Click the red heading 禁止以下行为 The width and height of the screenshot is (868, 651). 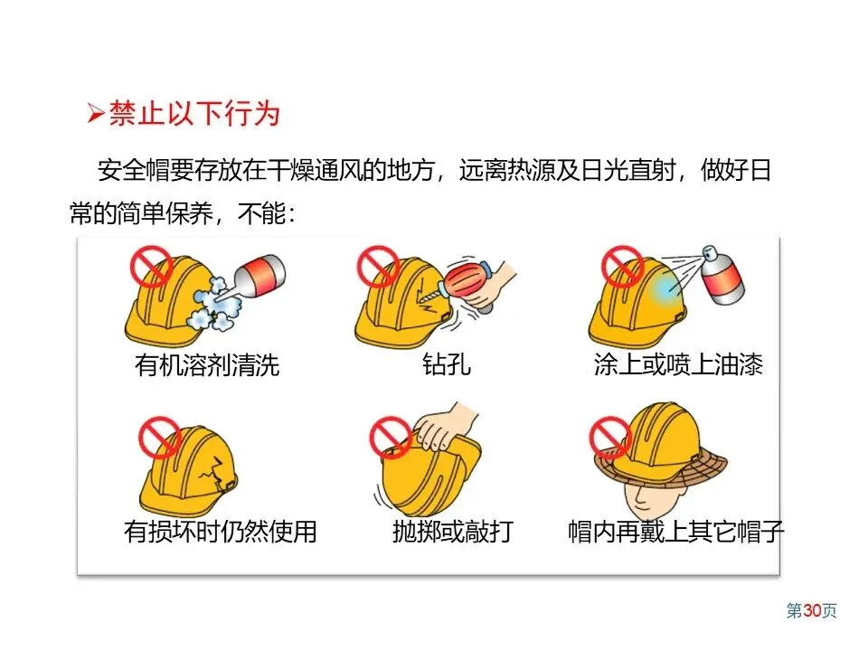pos(194,114)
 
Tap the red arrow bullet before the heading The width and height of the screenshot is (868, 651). pos(96,114)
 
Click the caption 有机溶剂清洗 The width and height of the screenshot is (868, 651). pos(207,364)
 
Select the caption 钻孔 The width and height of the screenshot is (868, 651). pos(447,364)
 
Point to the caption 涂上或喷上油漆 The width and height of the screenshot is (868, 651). pos(678,364)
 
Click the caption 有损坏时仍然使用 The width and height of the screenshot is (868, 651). pos(220,532)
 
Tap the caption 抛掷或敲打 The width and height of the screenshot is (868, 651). pos(453,532)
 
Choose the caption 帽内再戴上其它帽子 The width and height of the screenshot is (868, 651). pos(676,532)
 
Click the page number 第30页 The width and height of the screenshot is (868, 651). pos(812,610)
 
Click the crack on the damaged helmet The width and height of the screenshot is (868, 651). pos(211,470)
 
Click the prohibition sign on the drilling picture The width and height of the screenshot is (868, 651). pos(379,266)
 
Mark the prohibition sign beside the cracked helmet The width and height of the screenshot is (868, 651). pos(160,438)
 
